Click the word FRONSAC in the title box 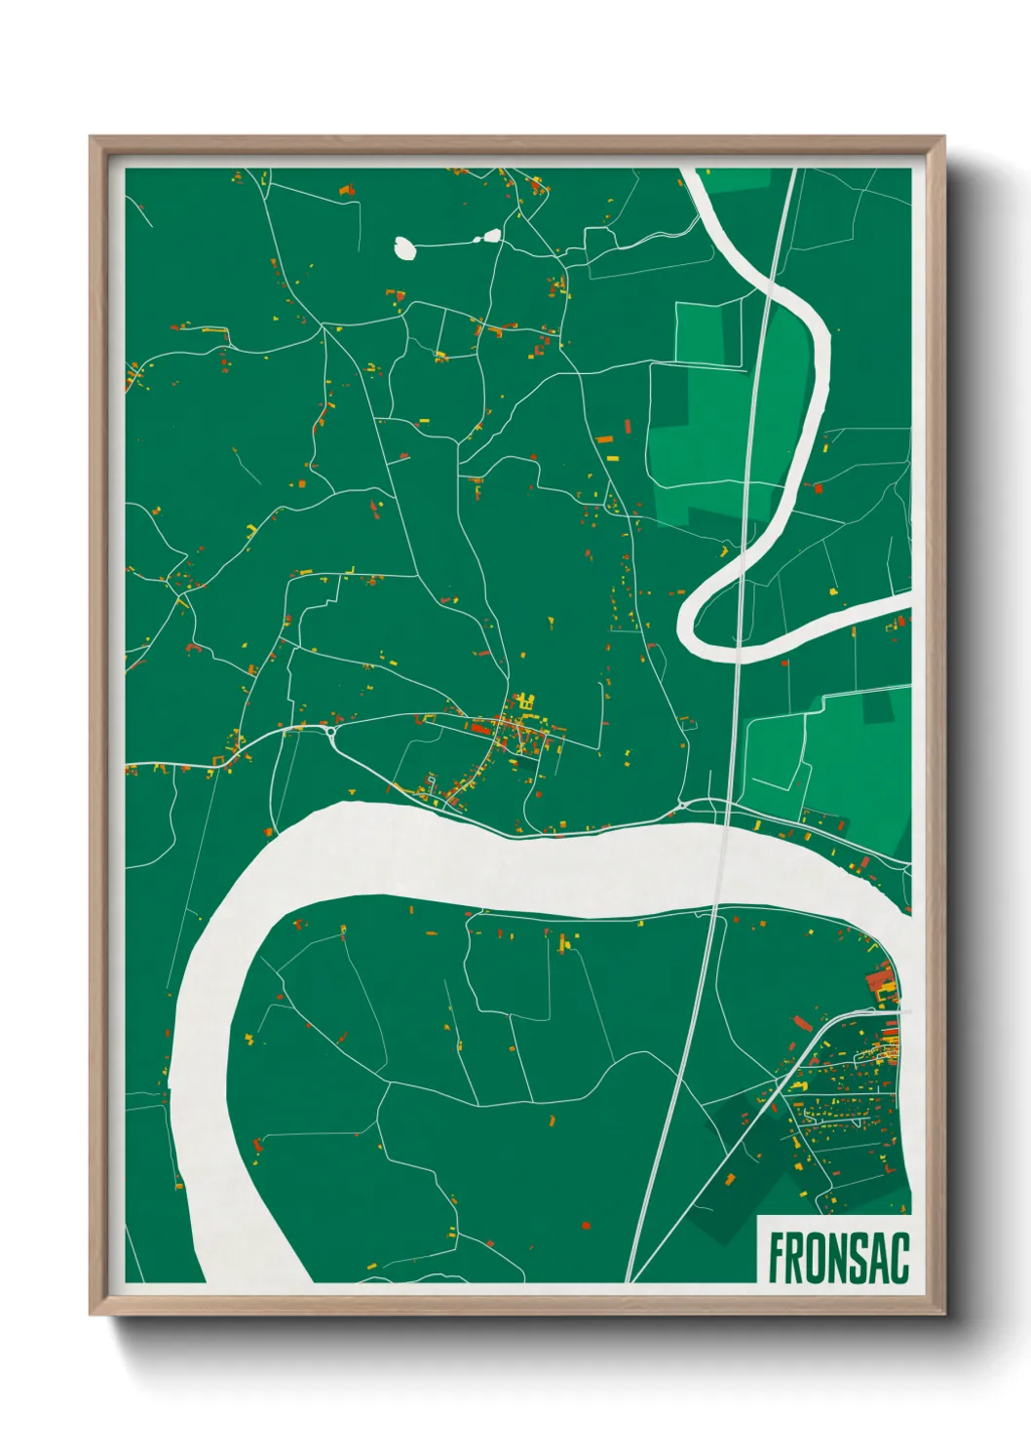[838, 1258]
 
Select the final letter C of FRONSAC [898, 1258]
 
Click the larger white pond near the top [405, 248]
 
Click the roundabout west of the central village [332, 730]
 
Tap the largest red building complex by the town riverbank [880, 978]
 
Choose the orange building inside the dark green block [730, 1180]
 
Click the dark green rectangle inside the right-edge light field [879, 706]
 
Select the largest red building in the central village [479, 727]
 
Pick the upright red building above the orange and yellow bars [628, 426]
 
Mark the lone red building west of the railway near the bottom [585, 1225]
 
